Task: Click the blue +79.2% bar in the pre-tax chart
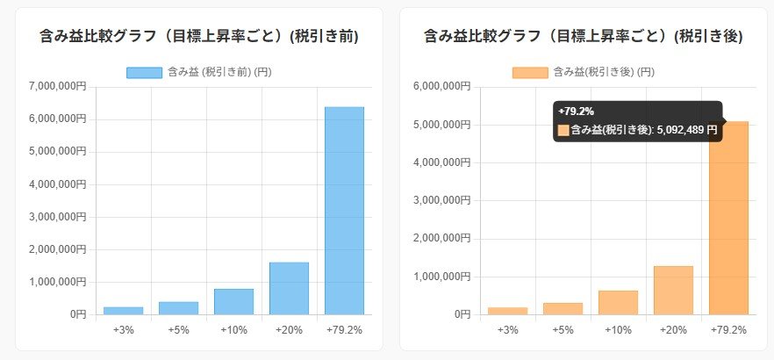click(x=344, y=211)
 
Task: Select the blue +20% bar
click(x=289, y=288)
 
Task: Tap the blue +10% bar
click(x=233, y=301)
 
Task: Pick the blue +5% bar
click(x=178, y=308)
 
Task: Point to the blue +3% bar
click(x=124, y=311)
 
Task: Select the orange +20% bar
click(x=673, y=290)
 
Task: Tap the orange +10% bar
click(x=618, y=302)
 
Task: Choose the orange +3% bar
click(x=508, y=311)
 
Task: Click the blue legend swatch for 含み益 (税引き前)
click(x=144, y=72)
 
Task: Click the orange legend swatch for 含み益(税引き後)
click(x=530, y=72)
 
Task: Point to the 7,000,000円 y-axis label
click(x=58, y=86)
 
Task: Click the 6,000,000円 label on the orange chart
click(x=442, y=86)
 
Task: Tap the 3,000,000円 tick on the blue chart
click(x=58, y=216)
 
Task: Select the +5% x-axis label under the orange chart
click(x=563, y=329)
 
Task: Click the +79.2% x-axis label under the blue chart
click(x=344, y=329)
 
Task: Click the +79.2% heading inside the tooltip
click(x=576, y=111)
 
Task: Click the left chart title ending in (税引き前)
click(x=199, y=36)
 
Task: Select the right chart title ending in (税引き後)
click(x=584, y=36)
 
